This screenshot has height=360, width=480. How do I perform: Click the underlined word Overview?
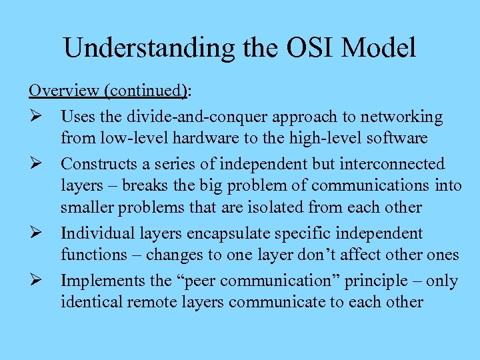click(x=59, y=90)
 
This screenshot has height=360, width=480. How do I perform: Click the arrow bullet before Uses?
click(x=36, y=117)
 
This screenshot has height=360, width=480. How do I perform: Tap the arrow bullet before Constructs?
click(x=36, y=164)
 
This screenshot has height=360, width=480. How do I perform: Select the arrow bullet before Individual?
click(x=36, y=234)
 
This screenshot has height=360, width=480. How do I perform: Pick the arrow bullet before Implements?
click(x=36, y=281)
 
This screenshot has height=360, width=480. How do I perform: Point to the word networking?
click(x=401, y=117)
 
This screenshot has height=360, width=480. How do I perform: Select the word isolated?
click(x=273, y=207)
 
